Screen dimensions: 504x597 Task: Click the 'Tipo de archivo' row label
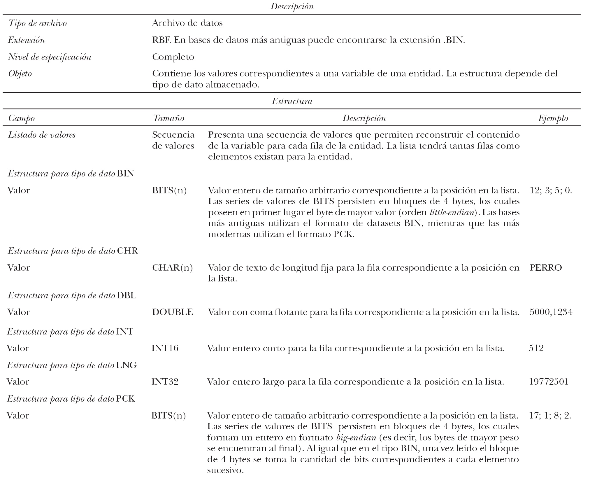coord(38,23)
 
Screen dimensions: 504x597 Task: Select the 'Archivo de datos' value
coord(187,23)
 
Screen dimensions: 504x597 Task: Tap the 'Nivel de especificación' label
coord(50,57)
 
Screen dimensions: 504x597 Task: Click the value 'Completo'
coord(173,57)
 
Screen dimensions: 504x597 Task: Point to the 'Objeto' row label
coord(20,73)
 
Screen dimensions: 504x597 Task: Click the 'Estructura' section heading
coord(292,101)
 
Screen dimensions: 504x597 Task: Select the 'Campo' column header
coord(21,118)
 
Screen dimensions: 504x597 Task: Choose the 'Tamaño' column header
coord(168,118)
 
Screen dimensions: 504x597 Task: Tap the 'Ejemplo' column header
coord(553,118)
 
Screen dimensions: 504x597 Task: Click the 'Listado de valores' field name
coord(42,135)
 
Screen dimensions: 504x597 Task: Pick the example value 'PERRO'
coord(545,268)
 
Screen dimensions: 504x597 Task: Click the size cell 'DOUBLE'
coord(173,312)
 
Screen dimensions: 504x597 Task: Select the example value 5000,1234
coord(551,312)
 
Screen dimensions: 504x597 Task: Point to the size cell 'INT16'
coord(165,348)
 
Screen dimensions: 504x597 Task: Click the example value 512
coord(536,348)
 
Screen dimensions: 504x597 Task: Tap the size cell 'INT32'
coord(165,382)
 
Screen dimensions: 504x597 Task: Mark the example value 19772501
coord(549,382)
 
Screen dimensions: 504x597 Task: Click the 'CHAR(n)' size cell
coord(173,268)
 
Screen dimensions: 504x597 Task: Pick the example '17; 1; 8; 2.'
coord(550,416)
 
